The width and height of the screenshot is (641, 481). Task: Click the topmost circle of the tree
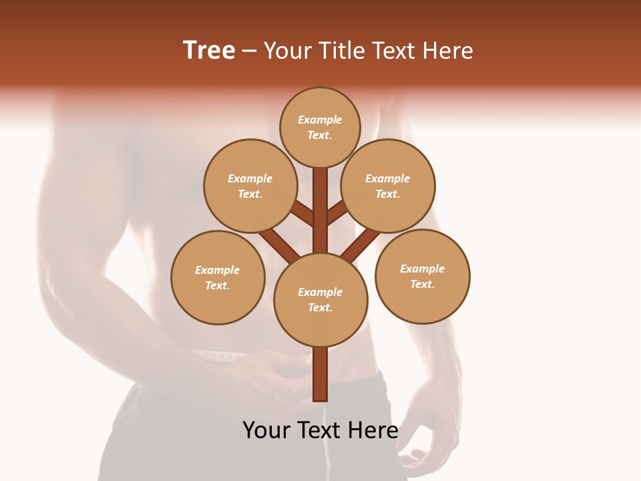click(320, 127)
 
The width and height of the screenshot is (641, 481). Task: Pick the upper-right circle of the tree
click(388, 186)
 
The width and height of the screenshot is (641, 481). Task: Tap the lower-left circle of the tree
click(218, 277)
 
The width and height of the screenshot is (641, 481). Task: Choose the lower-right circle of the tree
click(423, 276)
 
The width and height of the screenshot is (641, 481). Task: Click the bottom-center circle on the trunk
click(320, 300)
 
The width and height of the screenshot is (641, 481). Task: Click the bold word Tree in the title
click(209, 51)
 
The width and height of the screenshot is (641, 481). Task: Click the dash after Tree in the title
click(249, 51)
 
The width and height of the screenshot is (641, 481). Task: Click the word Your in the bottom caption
click(267, 430)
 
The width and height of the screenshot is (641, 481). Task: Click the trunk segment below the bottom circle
click(320, 374)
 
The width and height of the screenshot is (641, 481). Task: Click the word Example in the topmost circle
click(320, 120)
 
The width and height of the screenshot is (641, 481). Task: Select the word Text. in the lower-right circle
click(422, 284)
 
